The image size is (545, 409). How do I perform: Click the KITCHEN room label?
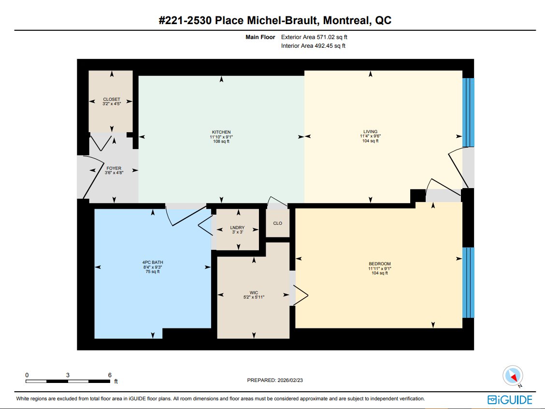[x=221, y=132]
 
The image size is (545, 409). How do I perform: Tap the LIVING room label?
[x=371, y=132]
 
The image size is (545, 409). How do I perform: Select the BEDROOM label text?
[x=380, y=264]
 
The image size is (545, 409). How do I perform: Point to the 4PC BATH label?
[x=153, y=262]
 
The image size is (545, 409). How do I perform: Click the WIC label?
[x=254, y=292]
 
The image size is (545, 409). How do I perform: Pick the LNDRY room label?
[x=237, y=228]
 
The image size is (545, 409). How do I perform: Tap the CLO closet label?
[x=278, y=223]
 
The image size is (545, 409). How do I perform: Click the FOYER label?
[x=114, y=168]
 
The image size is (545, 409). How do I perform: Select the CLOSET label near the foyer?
[x=112, y=99]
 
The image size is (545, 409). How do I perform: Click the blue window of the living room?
[x=468, y=112]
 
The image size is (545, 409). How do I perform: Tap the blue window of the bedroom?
[x=468, y=283]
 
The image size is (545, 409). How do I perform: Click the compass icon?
[x=513, y=376]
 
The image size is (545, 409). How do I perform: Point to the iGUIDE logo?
[x=510, y=400]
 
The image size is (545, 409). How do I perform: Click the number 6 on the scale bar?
[x=110, y=375]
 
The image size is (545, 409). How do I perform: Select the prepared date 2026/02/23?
[x=290, y=380]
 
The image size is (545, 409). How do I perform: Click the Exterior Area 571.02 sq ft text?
[x=314, y=37]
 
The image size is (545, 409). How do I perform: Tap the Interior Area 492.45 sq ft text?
[x=313, y=46]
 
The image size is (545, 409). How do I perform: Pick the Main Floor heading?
[x=260, y=37]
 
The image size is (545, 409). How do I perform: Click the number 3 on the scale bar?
[x=68, y=375]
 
